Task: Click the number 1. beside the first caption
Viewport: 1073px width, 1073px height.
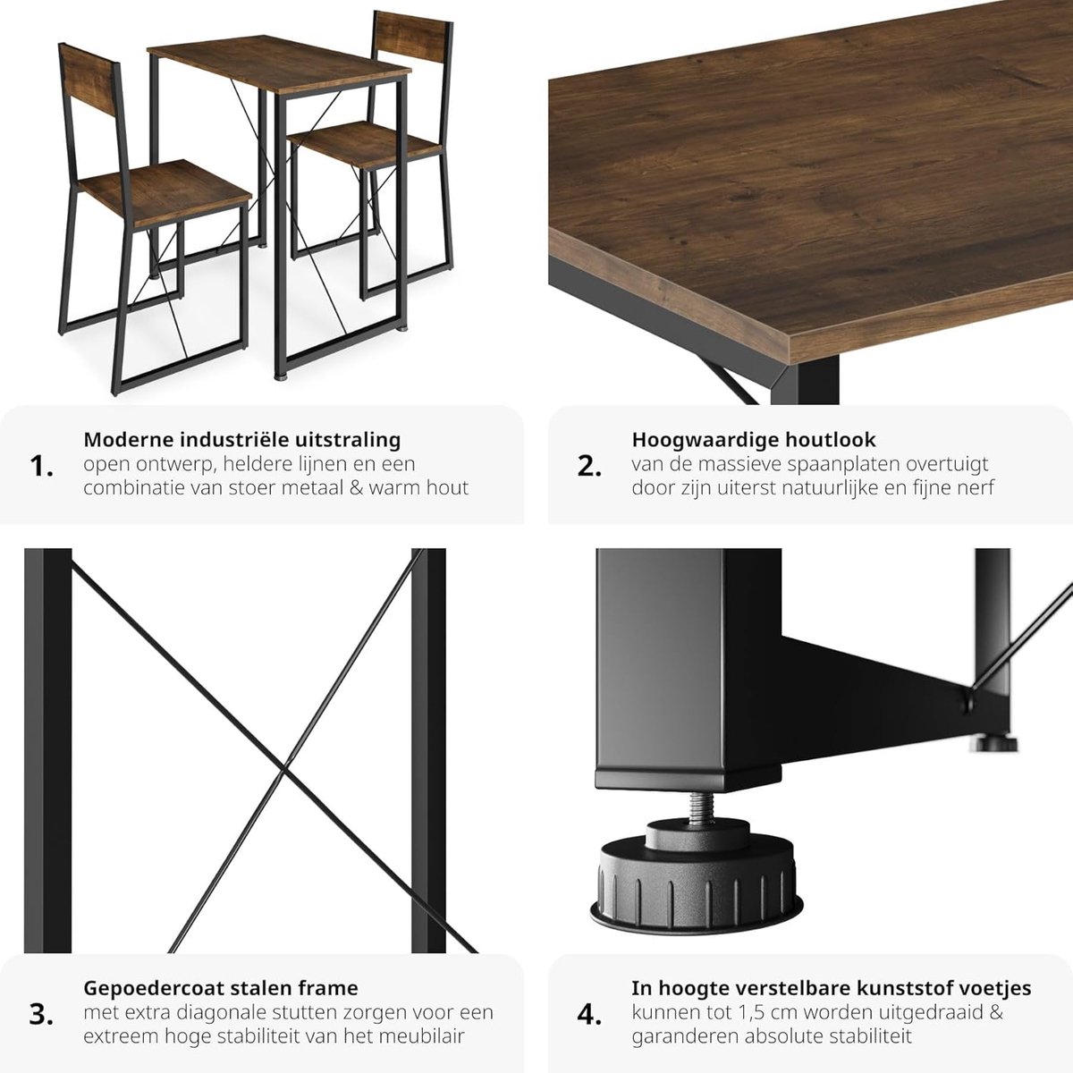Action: [x=41, y=467]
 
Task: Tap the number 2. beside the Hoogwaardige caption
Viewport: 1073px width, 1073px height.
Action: [x=589, y=467]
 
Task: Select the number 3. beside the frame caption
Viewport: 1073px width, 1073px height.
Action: [x=41, y=1015]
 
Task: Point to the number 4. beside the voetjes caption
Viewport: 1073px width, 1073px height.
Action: [x=589, y=1015]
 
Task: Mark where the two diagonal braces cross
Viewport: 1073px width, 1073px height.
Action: [x=284, y=770]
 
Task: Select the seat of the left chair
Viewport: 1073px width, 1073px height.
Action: [x=165, y=192]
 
